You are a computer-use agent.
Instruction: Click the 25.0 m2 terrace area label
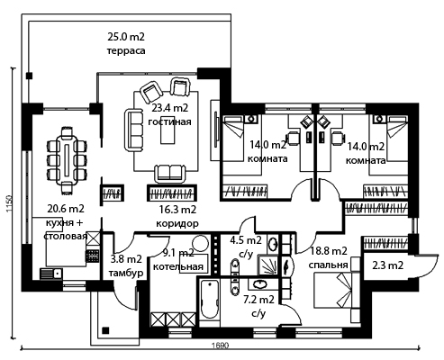pyautogui.click(x=126, y=37)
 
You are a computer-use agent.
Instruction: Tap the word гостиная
pyautogui.click(x=169, y=121)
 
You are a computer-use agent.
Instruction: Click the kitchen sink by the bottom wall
pyautogui.click(x=51, y=274)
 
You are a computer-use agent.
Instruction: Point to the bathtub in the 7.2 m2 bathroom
pyautogui.click(x=210, y=300)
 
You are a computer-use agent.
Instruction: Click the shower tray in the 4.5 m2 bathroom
pyautogui.click(x=267, y=265)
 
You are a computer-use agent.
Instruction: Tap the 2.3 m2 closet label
pyautogui.click(x=387, y=265)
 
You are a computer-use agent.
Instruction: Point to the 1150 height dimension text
pyautogui.click(x=9, y=203)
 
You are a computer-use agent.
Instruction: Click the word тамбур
pyautogui.click(x=126, y=274)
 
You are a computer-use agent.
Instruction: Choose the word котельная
pyautogui.click(x=178, y=266)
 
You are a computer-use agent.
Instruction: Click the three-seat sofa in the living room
pyautogui.click(x=134, y=130)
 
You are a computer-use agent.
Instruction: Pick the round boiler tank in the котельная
pyautogui.click(x=201, y=244)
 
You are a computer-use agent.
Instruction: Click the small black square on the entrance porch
pyautogui.click(x=105, y=330)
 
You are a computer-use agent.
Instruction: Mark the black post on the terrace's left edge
pyautogui.click(x=29, y=76)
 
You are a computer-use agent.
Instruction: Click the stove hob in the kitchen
pyautogui.click(x=93, y=256)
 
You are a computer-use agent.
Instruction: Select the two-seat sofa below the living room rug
pyautogui.click(x=169, y=174)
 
